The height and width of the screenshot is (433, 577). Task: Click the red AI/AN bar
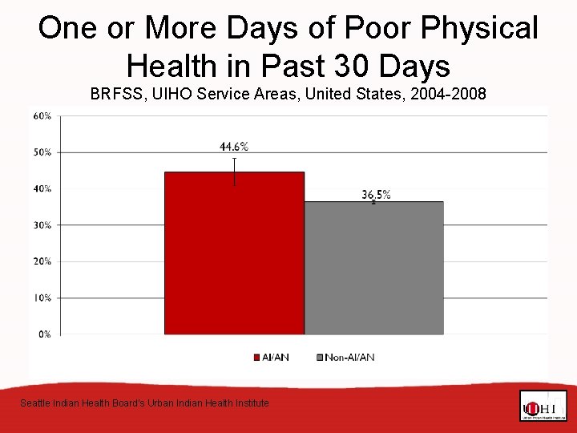(x=234, y=253)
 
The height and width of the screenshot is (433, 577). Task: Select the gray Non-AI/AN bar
(x=373, y=268)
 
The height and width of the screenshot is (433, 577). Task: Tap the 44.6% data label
(x=234, y=146)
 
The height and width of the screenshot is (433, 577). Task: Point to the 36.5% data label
(x=376, y=194)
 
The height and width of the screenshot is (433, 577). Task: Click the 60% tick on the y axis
(x=42, y=115)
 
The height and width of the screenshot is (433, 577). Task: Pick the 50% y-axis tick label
(x=42, y=152)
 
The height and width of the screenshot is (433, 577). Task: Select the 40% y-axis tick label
(x=42, y=188)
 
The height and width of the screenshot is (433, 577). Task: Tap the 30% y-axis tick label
(x=42, y=225)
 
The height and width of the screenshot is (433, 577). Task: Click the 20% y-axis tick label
(x=42, y=261)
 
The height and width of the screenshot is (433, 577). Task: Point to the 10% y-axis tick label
(x=42, y=297)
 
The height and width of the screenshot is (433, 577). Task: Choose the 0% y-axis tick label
(x=45, y=334)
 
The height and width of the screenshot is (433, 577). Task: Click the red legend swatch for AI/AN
(x=257, y=357)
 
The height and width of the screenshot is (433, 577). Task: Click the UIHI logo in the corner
(x=543, y=406)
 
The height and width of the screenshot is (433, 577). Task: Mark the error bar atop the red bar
(x=235, y=171)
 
